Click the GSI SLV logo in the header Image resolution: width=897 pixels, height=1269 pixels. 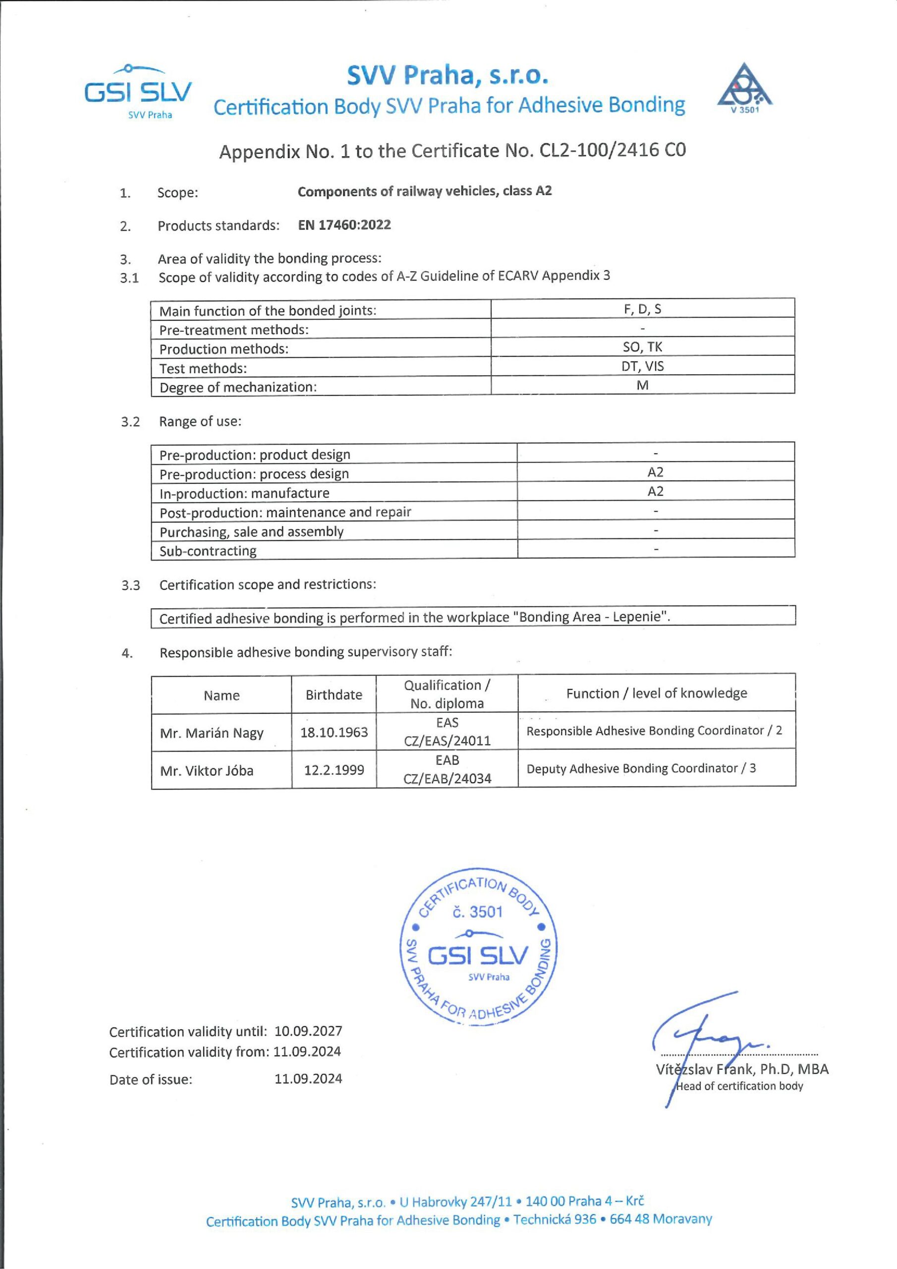pos(138,92)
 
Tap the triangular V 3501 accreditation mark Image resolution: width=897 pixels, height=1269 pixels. pos(744,88)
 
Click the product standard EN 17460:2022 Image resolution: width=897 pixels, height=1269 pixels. pos(344,225)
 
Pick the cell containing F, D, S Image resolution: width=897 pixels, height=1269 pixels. pos(642,309)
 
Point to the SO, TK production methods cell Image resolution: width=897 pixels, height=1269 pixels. pos(642,347)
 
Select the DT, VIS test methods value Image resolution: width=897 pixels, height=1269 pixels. pos(642,366)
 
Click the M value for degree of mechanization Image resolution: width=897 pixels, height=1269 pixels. pos(642,385)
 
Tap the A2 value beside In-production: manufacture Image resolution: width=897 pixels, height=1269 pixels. pos(656,491)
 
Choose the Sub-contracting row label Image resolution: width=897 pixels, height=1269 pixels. pos(208,551)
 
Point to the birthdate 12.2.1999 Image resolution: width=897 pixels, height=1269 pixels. pos(334,770)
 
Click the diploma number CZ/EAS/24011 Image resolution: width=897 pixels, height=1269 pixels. pos(447,741)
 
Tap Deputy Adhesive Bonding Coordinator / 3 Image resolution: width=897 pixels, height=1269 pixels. pos(641,768)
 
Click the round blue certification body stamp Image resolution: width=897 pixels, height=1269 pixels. pos(478,947)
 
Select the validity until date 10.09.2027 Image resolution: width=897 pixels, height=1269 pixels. pos(308,1032)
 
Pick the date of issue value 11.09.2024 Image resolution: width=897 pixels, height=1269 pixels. pos(308,1079)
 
